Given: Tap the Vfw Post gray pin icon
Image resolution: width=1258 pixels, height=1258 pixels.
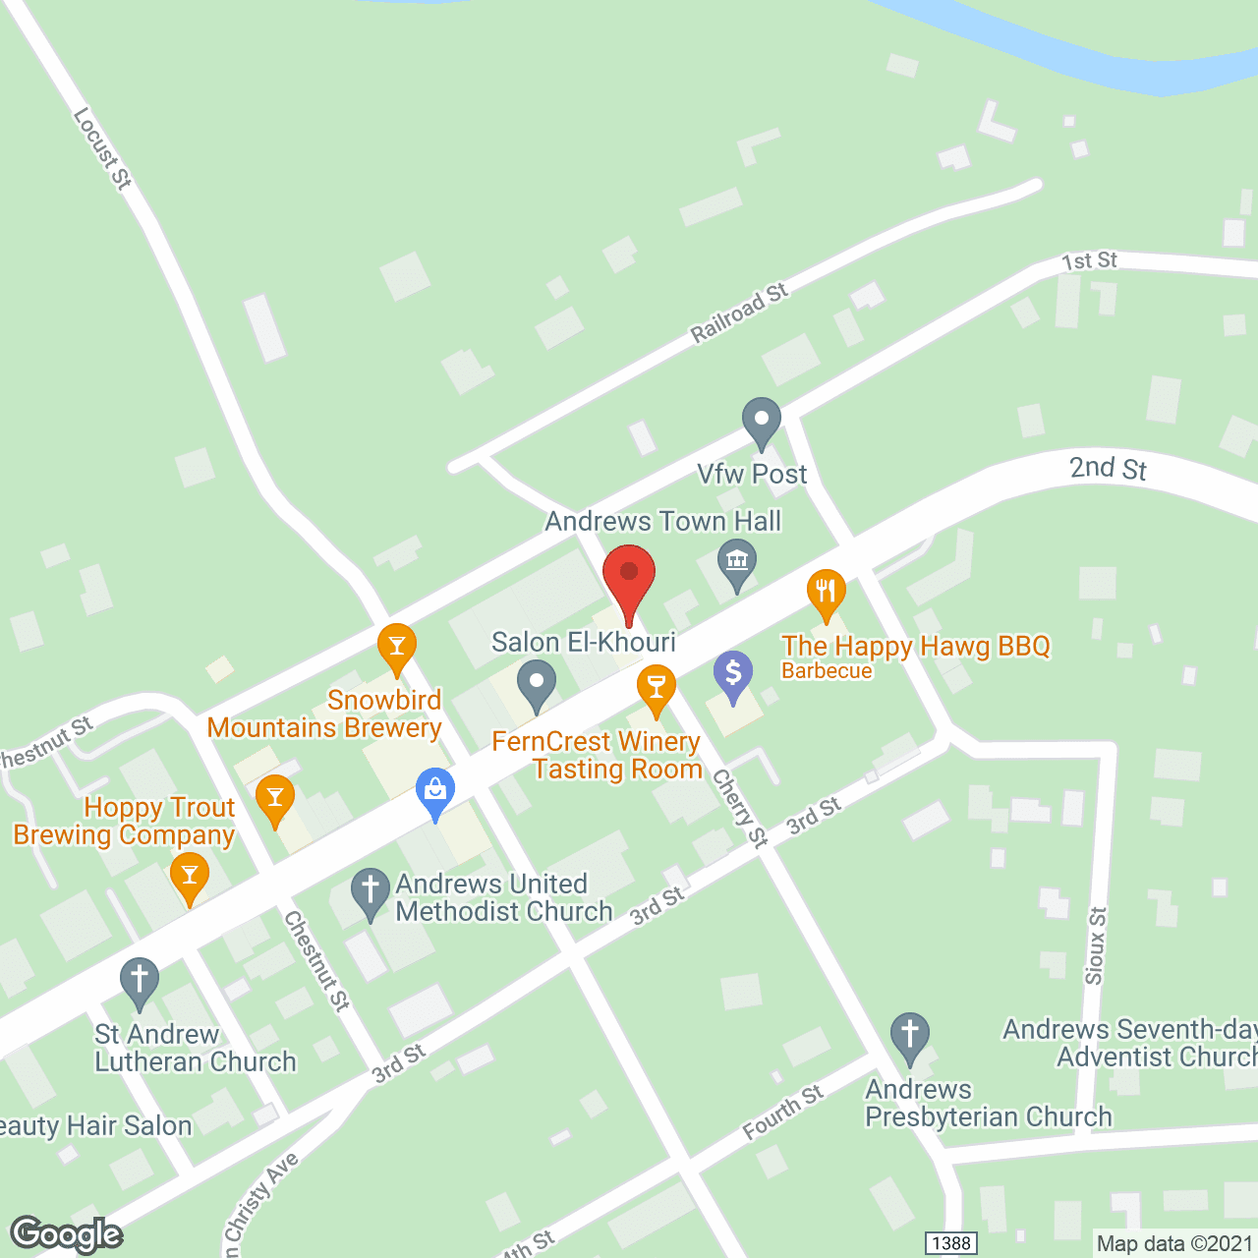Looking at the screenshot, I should tap(761, 422).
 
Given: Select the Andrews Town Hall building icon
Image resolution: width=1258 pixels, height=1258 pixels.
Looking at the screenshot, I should tap(737, 563).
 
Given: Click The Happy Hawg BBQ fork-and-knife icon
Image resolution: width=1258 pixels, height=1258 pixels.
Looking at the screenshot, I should tap(827, 592).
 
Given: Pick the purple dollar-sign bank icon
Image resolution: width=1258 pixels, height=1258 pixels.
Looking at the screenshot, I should tap(733, 675).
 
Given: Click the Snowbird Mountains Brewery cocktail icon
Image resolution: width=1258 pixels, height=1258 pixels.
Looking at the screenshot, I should tap(397, 648).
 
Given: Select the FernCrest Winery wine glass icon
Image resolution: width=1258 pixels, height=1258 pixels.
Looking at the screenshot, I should tap(656, 688).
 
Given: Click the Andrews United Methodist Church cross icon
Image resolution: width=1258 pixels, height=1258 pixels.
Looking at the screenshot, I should tap(371, 892).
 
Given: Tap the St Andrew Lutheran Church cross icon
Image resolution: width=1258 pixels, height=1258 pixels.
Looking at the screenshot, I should tap(140, 981).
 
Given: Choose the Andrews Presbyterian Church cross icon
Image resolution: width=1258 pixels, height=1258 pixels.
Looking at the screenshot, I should tap(910, 1036).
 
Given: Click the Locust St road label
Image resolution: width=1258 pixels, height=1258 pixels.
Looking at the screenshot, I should tap(102, 148).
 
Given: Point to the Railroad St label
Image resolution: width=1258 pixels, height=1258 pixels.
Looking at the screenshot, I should tap(739, 314).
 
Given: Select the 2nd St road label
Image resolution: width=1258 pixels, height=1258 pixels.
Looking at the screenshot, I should tap(1108, 469).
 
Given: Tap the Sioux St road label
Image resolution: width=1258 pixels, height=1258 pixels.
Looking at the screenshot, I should tap(1095, 945).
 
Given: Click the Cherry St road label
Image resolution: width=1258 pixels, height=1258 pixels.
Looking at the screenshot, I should tap(740, 808).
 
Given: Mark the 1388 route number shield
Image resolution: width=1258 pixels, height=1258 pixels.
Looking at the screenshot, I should tap(951, 1243).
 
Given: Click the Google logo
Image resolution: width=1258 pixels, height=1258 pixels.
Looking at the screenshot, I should tap(66, 1234).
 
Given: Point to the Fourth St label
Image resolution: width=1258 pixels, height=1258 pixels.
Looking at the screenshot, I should tap(783, 1113).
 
